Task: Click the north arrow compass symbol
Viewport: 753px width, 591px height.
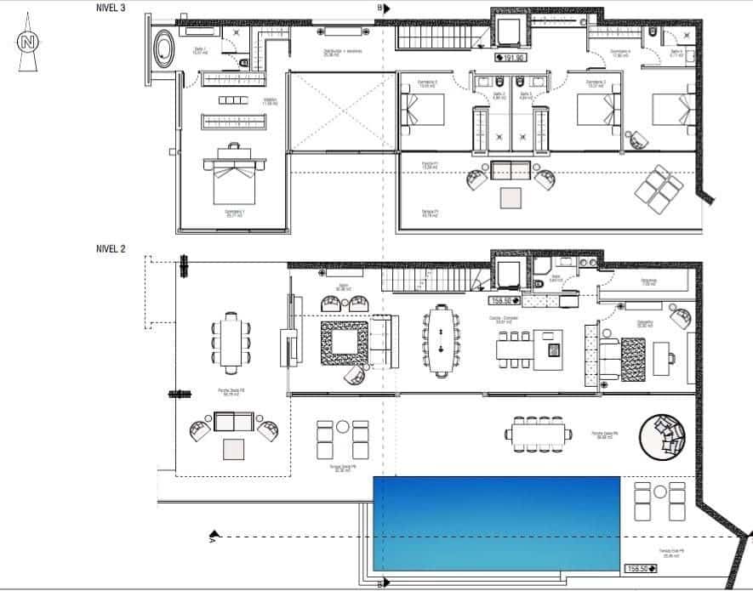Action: [29, 47]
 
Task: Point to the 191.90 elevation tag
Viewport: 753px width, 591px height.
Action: [511, 58]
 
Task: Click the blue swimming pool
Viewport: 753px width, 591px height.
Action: [496, 523]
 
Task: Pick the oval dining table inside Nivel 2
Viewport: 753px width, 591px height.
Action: [441, 340]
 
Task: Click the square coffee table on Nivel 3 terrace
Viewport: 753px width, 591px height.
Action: [511, 198]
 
